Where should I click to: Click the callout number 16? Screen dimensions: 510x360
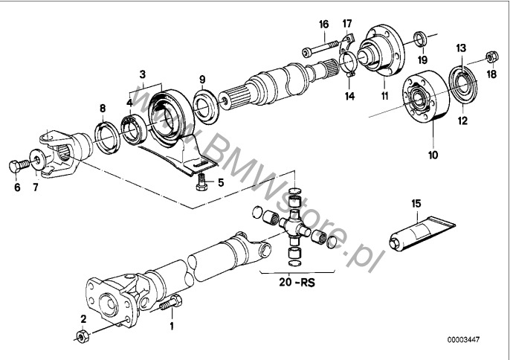click(323, 25)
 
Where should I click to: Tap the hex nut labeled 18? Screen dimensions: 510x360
click(492, 57)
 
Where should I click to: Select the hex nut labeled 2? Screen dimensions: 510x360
click(83, 335)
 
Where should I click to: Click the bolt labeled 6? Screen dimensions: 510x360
click(19, 166)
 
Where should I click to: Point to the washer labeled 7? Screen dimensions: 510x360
click(38, 159)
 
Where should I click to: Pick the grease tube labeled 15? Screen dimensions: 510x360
click(422, 233)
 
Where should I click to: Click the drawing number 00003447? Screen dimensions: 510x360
click(463, 339)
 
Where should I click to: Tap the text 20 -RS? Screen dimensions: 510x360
click(297, 282)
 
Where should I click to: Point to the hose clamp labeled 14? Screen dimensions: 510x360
click(349, 63)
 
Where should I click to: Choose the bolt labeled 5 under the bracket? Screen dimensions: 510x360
click(202, 182)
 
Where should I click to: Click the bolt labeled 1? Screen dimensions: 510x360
click(171, 303)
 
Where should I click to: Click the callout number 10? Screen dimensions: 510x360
click(433, 155)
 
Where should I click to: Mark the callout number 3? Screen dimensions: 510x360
click(143, 74)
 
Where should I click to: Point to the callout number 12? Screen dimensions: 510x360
click(462, 120)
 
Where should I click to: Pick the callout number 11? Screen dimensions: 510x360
click(385, 97)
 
